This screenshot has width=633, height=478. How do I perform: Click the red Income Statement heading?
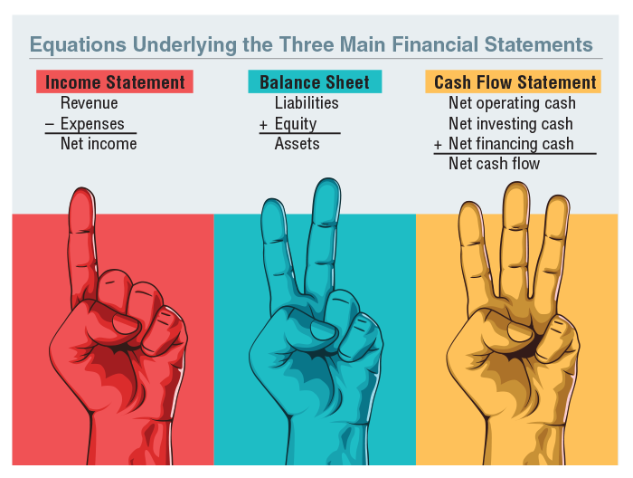[115, 82]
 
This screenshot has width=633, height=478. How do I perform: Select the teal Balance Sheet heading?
[315, 82]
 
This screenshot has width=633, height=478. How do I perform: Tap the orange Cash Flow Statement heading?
[515, 82]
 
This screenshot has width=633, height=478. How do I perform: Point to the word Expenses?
[92, 124]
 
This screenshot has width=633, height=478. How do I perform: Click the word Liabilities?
[307, 103]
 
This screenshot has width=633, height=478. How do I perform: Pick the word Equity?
[295, 124]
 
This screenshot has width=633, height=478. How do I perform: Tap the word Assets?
[297, 144]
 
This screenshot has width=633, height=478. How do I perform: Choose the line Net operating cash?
[512, 103]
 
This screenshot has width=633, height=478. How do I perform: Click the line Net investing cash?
[510, 124]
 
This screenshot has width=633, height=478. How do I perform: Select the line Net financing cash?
[511, 144]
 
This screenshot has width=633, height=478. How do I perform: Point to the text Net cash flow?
[494, 164]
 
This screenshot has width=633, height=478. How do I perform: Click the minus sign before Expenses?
[50, 124]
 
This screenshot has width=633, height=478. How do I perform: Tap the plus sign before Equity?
[263, 124]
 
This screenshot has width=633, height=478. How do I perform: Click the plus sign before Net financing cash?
[438, 145]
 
